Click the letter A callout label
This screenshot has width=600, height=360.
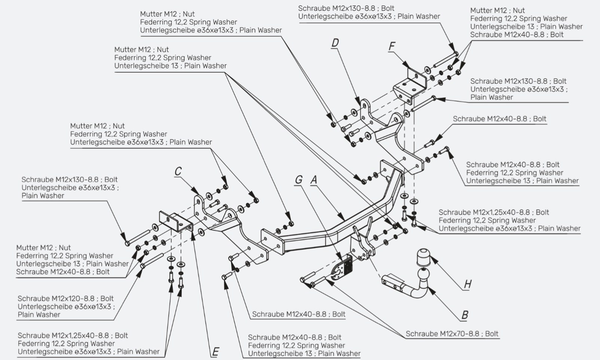tap(314, 180)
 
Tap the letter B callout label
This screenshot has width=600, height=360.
tap(465, 315)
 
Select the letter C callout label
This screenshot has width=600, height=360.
tap(178, 171)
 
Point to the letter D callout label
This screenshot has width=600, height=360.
tap(335, 43)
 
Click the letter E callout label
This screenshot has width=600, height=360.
tap(215, 352)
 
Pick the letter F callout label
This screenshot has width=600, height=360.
tap(392, 46)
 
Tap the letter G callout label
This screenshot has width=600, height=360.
tap(299, 180)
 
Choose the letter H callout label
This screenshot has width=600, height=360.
tap(468, 284)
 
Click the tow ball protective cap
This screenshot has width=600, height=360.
tap(423, 257)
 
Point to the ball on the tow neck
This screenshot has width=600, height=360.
tap(423, 274)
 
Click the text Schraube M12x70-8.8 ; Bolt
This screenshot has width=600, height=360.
tap(452, 334)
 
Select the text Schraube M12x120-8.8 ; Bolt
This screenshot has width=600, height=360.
tap(65, 298)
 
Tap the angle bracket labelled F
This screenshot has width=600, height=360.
tap(410, 85)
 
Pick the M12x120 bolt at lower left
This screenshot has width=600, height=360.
tap(152, 260)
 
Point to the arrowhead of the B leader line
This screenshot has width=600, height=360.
tap(431, 290)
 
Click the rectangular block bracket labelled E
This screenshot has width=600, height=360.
tap(176, 222)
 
